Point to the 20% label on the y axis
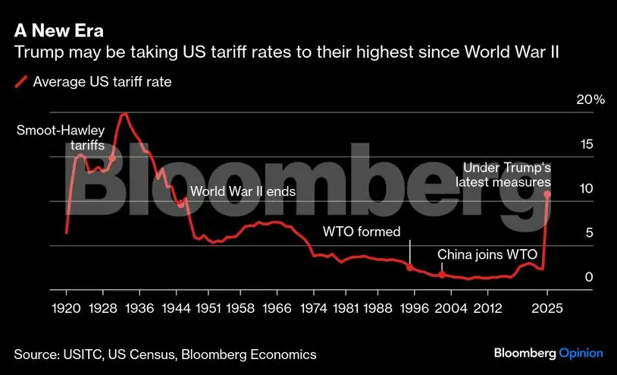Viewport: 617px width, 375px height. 590,100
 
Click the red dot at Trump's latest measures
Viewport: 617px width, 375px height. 547,194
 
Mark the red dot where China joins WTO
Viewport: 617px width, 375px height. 441,274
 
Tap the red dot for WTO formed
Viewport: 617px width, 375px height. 410,267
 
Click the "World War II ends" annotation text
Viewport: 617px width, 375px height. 242,192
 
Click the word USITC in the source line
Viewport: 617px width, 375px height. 83,355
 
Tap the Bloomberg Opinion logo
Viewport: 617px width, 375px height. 548,353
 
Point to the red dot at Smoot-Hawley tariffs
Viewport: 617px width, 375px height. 112,159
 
